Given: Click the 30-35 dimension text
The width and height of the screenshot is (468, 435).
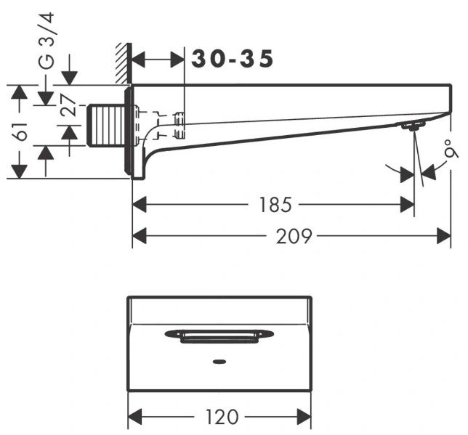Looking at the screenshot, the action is [233, 59].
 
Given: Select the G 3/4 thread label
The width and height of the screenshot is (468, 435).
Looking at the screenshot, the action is [47, 41].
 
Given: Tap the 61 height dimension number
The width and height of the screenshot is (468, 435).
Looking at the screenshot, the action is [20, 131].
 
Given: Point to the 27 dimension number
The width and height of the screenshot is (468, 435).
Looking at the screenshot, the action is [68, 105].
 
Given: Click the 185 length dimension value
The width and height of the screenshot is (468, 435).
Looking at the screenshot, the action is [275, 205].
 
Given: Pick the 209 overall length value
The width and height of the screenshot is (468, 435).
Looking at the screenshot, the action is [294, 236].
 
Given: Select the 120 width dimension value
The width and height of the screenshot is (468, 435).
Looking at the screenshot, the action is [222, 417].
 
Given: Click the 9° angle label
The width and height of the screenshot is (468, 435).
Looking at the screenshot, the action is [451, 148].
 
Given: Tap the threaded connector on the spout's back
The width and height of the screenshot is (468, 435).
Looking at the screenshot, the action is [106, 126].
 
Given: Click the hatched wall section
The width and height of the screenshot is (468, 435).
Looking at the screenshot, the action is [123, 63].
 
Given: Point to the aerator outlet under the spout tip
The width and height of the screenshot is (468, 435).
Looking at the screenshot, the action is [413, 126].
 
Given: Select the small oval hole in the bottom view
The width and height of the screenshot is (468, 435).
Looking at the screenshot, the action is [219, 362].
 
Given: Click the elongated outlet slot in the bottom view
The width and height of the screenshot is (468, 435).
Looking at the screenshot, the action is [219, 336].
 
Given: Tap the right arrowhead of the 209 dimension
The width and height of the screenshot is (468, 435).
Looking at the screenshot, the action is [443, 236].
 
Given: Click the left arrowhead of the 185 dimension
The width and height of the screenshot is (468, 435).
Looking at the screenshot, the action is [140, 205].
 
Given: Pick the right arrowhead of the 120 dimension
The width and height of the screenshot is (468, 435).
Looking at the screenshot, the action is [304, 417].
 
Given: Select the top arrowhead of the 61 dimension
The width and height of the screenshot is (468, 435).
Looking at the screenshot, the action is [19, 92].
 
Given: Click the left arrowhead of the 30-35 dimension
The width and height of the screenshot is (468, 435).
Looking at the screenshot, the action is [138, 59].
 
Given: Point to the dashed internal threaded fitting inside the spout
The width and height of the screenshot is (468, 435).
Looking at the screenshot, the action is [179, 126].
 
